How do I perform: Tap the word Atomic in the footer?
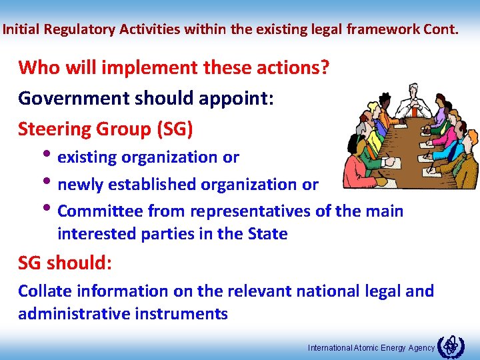[x=365, y=348]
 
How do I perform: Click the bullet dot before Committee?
[x=51, y=209]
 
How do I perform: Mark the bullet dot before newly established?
[x=51, y=183]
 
